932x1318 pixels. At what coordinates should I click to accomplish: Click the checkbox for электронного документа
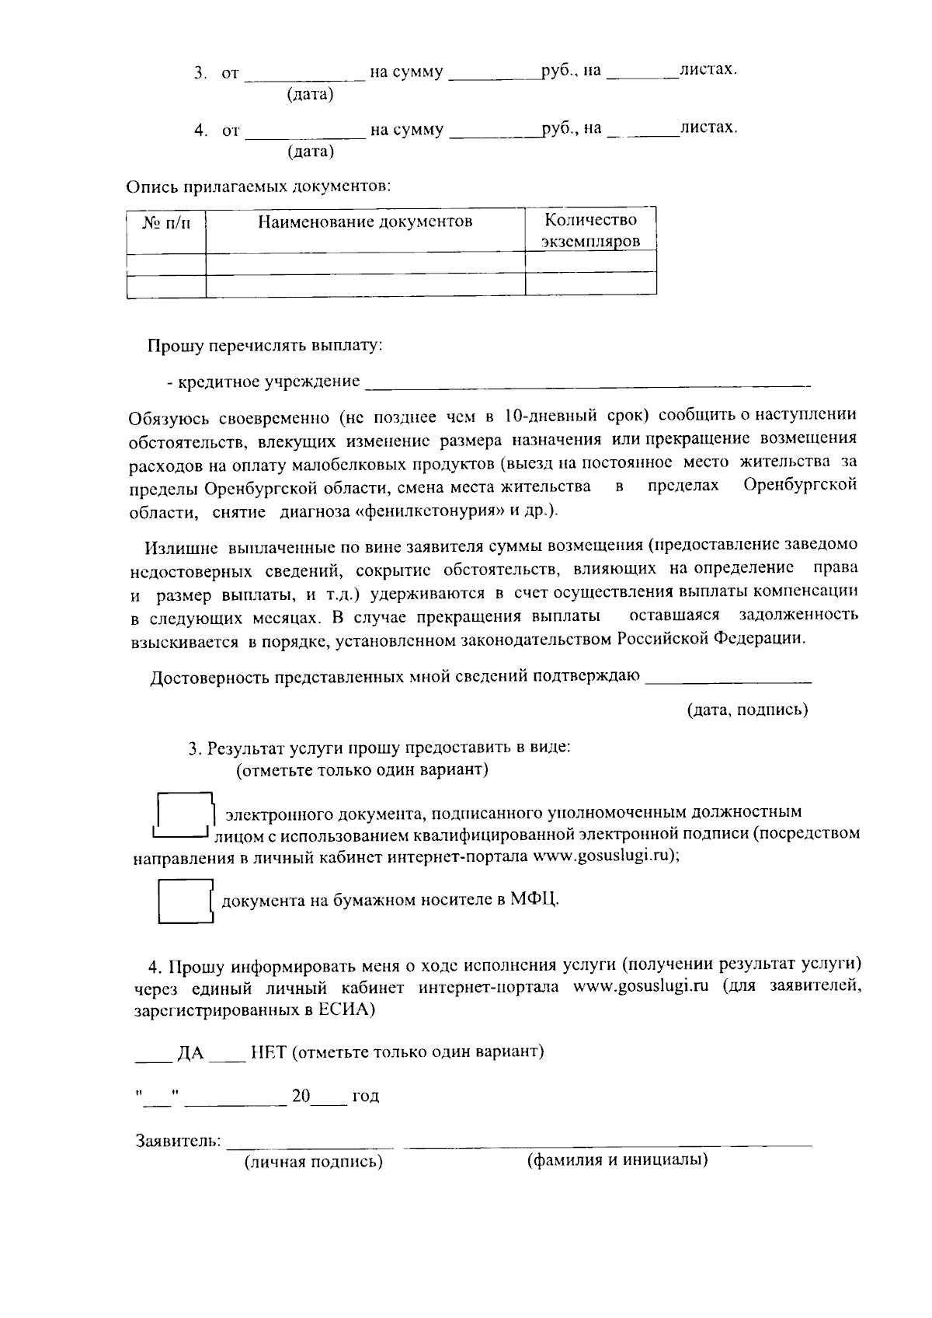click(185, 814)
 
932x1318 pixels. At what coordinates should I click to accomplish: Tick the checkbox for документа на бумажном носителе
click(185, 901)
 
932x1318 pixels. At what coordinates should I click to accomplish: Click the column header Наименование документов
click(365, 222)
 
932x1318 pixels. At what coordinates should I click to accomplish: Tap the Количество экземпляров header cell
click(590, 230)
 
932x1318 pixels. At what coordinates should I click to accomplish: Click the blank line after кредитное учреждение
click(586, 382)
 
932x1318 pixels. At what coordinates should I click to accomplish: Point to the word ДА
click(190, 1053)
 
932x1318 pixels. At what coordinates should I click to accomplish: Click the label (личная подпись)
click(314, 1163)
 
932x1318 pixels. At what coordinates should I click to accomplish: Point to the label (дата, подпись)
click(747, 710)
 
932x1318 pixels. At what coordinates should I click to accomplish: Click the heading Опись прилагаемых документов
click(258, 187)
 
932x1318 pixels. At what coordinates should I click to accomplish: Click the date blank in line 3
click(305, 75)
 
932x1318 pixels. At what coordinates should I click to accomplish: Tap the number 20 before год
click(301, 1097)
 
